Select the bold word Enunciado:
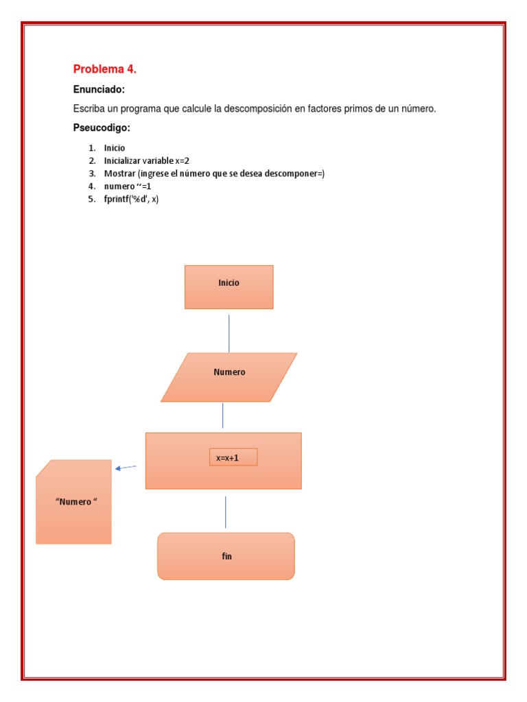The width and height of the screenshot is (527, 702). point(99,90)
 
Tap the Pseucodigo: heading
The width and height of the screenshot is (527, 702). point(102,128)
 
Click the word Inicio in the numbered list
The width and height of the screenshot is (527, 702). point(115,148)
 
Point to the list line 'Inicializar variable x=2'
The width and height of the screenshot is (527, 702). point(146,160)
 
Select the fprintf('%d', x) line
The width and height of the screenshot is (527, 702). point(131,199)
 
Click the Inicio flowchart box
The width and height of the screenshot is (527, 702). point(229,287)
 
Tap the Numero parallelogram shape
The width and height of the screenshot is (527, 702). point(229,376)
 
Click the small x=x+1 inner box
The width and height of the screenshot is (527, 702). point(233,457)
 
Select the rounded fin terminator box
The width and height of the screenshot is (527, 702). point(226,556)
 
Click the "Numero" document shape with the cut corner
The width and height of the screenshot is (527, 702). point(73,502)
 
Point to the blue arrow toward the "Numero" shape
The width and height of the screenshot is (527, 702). point(126,468)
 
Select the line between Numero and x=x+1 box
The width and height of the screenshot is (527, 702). point(222,415)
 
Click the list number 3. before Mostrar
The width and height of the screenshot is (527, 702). point(91,173)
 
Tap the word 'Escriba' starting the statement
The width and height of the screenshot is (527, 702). point(89,109)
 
